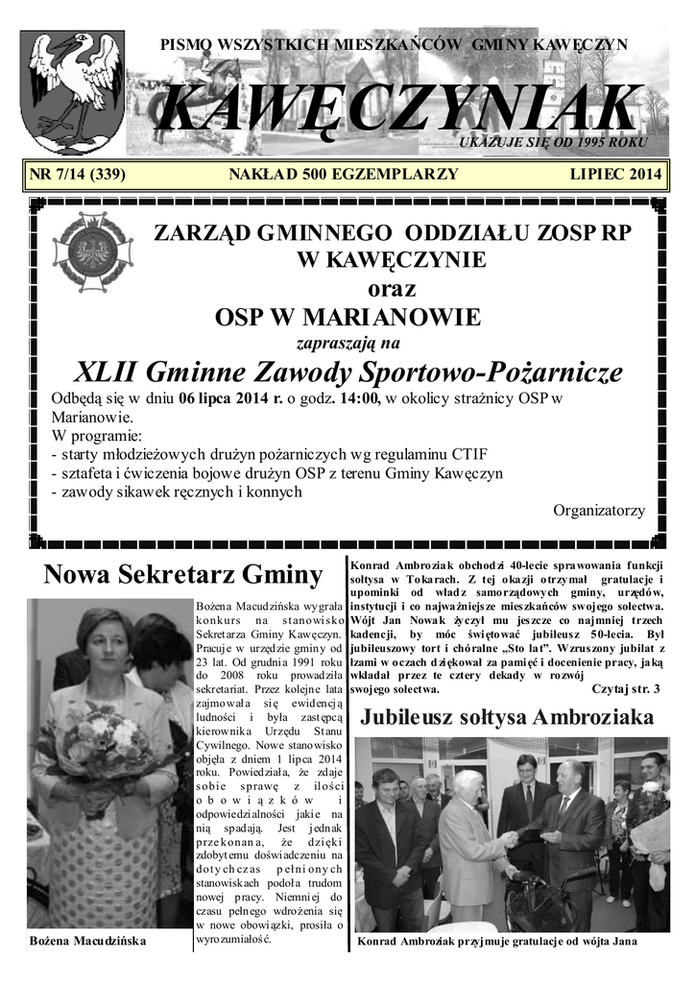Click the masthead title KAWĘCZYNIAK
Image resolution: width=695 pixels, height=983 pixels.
tap(397, 107)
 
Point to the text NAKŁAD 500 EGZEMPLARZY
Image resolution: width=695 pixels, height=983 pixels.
tap(343, 175)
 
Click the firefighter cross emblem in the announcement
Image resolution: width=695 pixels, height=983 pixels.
tap(93, 252)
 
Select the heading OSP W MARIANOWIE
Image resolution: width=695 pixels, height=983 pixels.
tap(347, 317)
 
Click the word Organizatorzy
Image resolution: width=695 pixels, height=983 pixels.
tap(599, 510)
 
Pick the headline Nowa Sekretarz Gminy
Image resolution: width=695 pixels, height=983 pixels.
tap(182, 574)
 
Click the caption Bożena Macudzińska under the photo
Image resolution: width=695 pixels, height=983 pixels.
tap(88, 941)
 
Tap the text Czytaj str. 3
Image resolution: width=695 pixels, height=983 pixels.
tap(626, 689)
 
